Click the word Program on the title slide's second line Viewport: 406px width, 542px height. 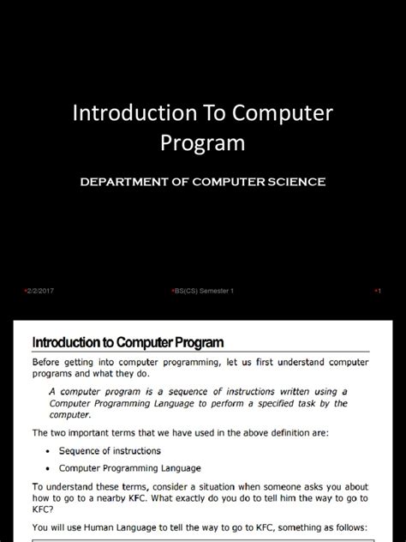pos(202,143)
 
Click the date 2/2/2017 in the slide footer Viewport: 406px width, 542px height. pos(41,291)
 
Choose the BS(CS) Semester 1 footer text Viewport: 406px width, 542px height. pos(204,291)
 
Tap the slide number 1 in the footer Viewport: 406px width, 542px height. pos(379,291)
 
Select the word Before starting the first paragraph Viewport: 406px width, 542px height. pos(50,362)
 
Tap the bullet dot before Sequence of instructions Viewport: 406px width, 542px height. pos(45,451)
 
